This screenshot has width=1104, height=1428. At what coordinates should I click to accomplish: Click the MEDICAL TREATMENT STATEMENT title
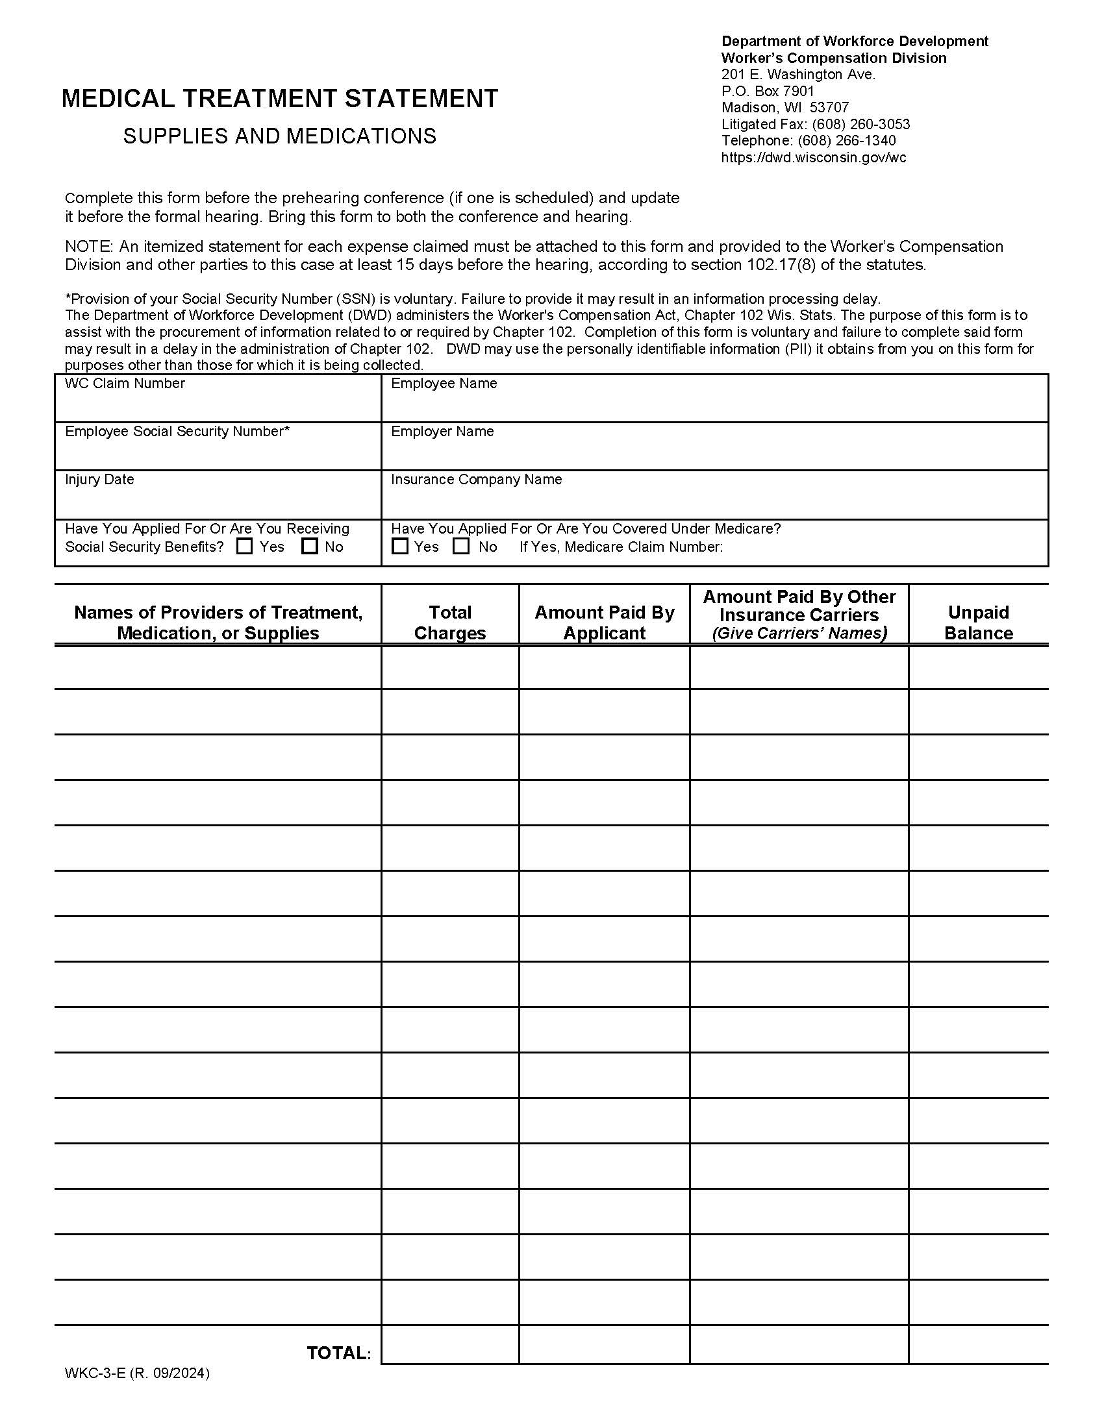[279, 99]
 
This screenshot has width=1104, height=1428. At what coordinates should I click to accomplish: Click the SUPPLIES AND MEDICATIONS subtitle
[279, 136]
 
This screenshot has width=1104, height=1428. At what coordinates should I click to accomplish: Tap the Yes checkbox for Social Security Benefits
[245, 546]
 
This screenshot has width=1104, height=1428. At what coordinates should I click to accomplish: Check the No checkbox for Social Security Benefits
[310, 546]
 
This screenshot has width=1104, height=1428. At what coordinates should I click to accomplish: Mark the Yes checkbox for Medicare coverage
[399, 546]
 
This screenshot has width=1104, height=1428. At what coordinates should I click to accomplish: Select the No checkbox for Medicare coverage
[461, 546]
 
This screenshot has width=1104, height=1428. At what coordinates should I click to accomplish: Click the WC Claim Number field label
[124, 384]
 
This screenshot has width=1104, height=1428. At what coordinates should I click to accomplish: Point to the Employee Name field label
[444, 384]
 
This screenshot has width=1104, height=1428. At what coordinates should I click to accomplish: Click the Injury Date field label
[99, 480]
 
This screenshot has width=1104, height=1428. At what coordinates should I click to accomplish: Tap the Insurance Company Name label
[476, 480]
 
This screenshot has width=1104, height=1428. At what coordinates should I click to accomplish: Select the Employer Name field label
[442, 432]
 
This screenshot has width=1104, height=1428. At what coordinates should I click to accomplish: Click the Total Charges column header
[450, 622]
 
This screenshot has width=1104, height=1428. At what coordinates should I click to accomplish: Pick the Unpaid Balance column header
[979, 622]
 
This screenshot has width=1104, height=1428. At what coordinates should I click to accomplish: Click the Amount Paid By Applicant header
[605, 622]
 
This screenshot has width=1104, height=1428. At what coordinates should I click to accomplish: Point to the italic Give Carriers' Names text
[799, 633]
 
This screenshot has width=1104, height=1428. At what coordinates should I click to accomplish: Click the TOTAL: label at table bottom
[339, 1353]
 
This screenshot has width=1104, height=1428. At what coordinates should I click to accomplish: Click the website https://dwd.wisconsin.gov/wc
[814, 158]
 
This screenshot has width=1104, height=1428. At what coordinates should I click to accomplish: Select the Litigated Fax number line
[816, 124]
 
